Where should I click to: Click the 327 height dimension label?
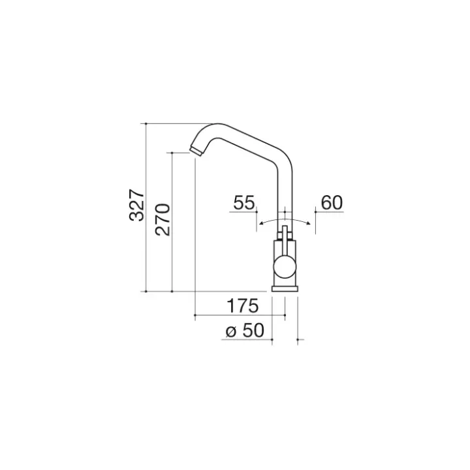pyautogui.click(x=136, y=205)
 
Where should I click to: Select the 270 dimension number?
pyautogui.click(x=163, y=220)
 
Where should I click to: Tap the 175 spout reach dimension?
pyautogui.click(x=242, y=306)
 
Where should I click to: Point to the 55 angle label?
pyautogui.click(x=244, y=202)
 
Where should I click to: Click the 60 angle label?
pyautogui.click(x=332, y=202)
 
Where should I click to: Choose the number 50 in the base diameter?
pyautogui.click(x=253, y=330)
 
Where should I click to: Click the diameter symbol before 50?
pyautogui.click(x=231, y=332)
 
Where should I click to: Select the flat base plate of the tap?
pyautogui.click(x=285, y=289)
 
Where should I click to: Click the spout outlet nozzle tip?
pyautogui.click(x=196, y=151)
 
